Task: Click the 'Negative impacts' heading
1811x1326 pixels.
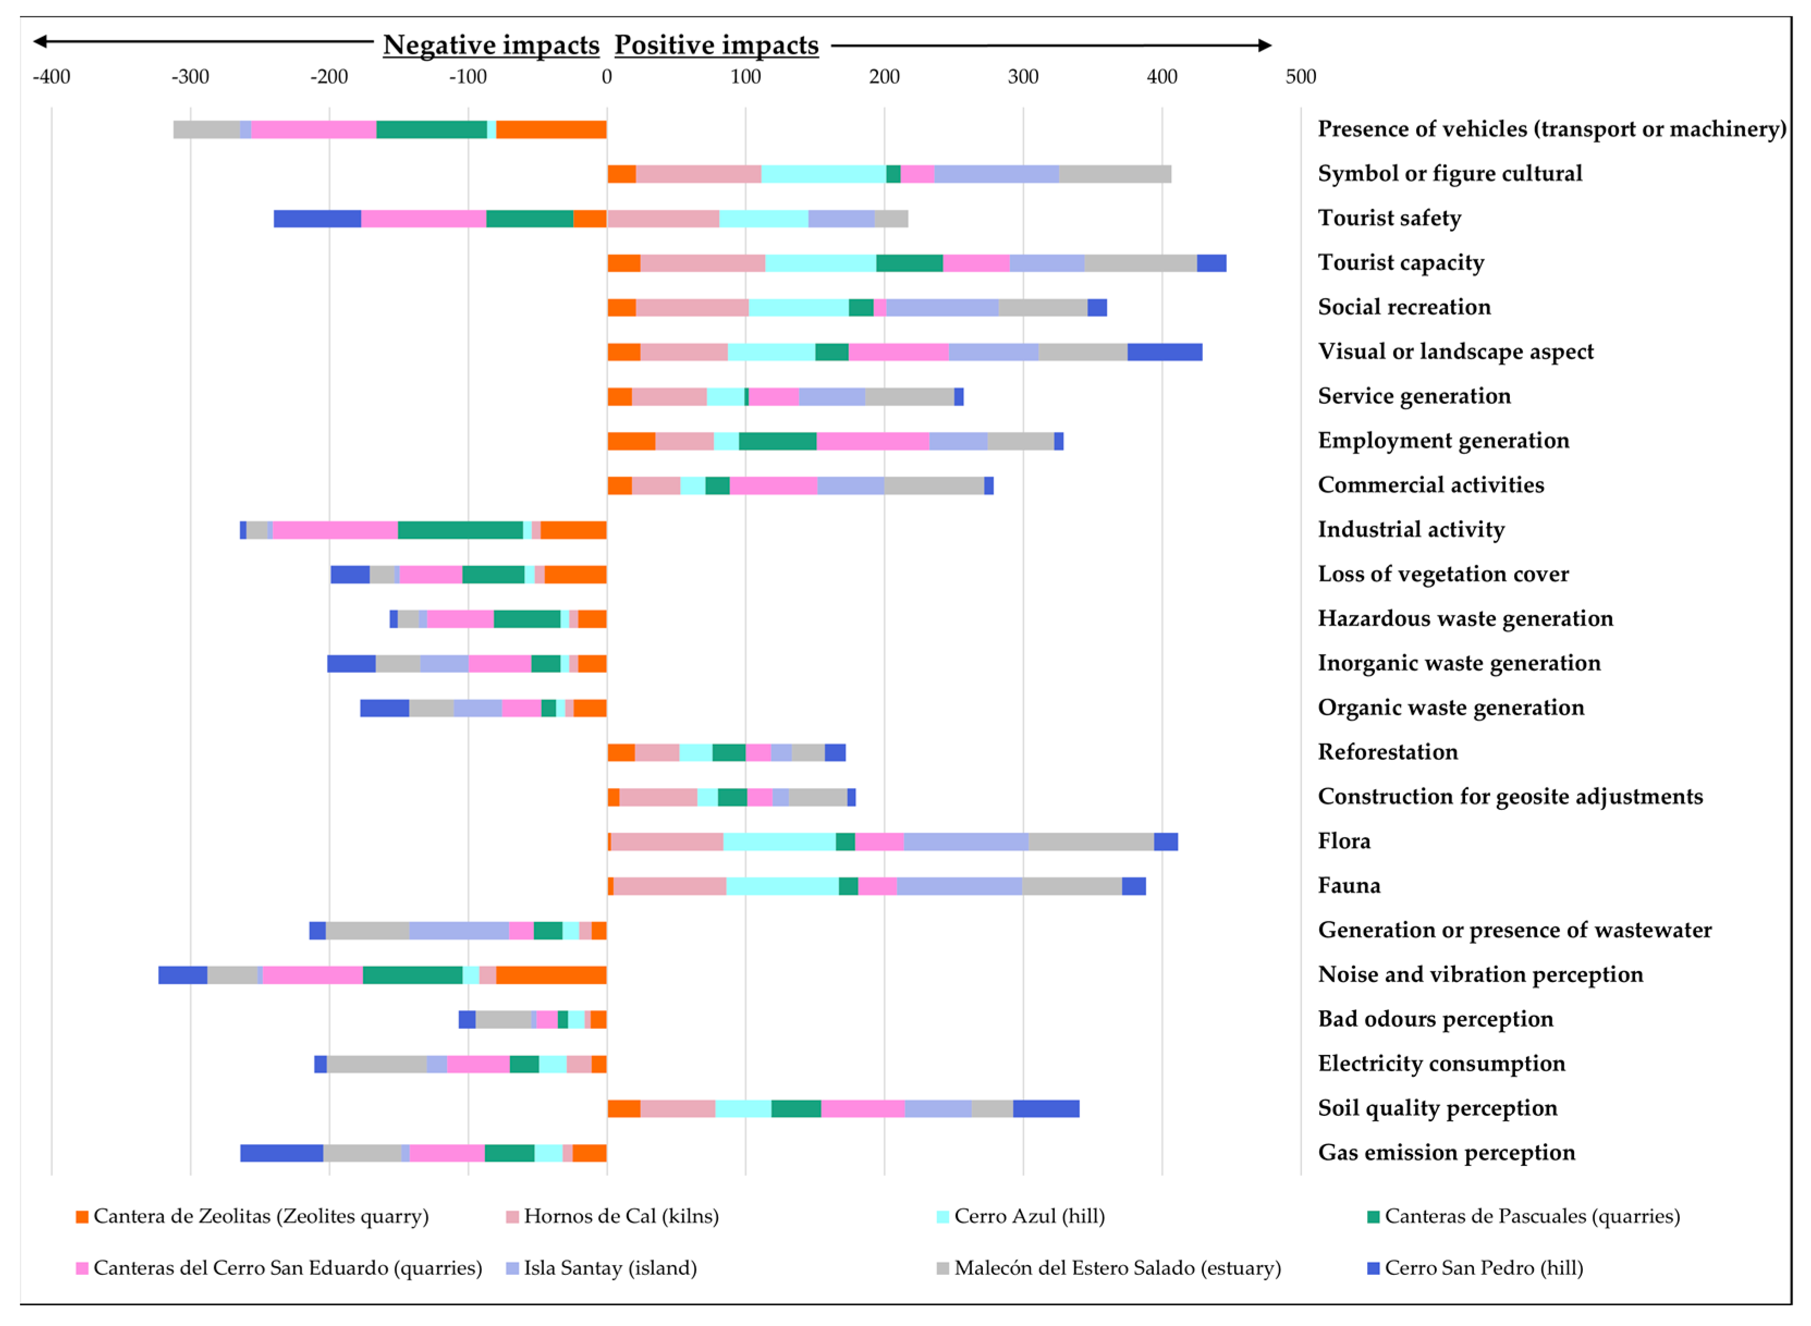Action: tap(491, 45)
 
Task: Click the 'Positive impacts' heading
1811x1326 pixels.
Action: tap(717, 45)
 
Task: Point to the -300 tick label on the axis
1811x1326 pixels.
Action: tap(190, 77)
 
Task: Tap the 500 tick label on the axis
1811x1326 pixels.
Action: tap(1300, 77)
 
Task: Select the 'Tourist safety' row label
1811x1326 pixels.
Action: tap(1390, 218)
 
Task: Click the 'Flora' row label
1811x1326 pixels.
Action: tap(1344, 841)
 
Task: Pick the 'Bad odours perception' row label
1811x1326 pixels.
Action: tap(1435, 1020)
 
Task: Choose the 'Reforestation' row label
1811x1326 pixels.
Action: tap(1388, 752)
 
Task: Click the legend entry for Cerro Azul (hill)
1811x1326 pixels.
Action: tap(1021, 1217)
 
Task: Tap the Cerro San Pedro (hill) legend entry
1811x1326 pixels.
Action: tap(1476, 1268)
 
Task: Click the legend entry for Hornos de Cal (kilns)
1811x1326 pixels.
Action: tap(613, 1217)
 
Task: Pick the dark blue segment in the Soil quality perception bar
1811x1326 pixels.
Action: tap(1046, 1108)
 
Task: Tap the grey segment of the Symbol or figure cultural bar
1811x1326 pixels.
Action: tap(1115, 174)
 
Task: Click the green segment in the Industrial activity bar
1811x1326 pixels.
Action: tap(461, 530)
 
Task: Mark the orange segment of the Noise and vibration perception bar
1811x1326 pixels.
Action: tap(552, 975)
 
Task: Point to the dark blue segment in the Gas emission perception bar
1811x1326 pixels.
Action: tap(282, 1153)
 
